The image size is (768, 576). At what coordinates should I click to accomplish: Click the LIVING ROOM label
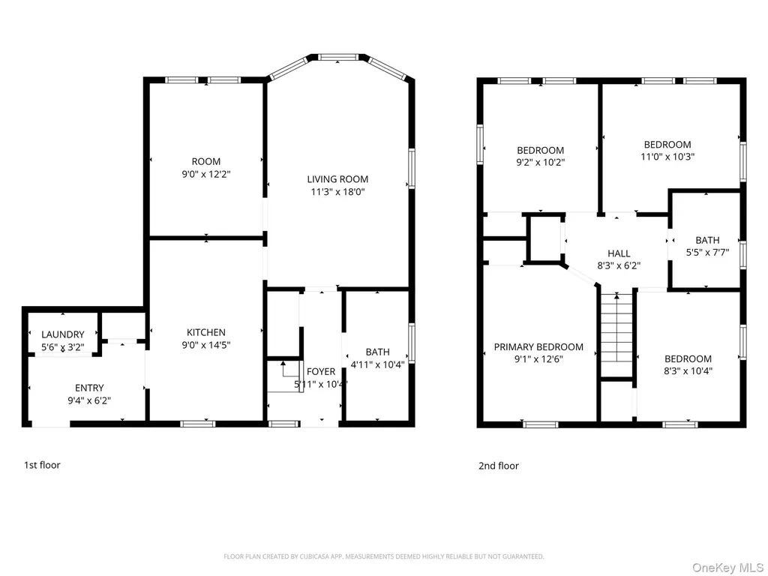point(337,179)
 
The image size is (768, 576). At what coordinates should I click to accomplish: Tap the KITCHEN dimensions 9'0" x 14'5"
point(206,345)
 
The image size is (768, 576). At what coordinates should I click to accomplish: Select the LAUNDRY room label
point(63,334)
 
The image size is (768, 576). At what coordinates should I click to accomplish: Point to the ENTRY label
point(89,388)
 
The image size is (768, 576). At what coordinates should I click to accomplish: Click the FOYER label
point(321,372)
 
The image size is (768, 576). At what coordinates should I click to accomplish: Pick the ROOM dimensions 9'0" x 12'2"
point(206,174)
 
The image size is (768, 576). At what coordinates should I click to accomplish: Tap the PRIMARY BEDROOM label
point(538,346)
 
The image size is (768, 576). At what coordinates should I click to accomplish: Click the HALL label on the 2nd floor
point(619,253)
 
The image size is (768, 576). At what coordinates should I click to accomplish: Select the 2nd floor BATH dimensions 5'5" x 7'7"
point(707,253)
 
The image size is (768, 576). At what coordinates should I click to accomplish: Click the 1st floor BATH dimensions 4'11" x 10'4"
point(378,364)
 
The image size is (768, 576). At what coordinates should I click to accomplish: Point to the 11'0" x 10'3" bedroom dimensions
point(667,157)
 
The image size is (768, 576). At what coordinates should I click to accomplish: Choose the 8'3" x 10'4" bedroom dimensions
point(688,371)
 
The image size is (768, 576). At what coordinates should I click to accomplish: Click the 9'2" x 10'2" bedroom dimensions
point(540,162)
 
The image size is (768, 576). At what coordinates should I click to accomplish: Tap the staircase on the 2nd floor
point(616,334)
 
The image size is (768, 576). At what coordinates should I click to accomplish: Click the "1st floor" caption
point(42,465)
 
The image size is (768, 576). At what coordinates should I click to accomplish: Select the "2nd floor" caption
point(499,466)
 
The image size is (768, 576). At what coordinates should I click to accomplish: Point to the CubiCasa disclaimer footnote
point(383,556)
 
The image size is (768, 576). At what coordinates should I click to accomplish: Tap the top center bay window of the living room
point(338,57)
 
